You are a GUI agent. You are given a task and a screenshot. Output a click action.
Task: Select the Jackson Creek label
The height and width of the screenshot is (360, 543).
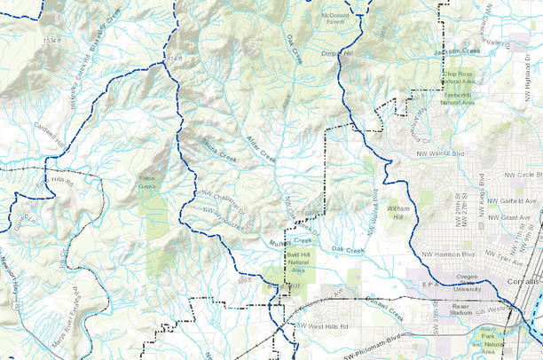click(x=457, y=51)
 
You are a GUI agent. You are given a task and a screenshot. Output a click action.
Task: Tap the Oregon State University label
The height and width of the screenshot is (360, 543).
click(x=467, y=282)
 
